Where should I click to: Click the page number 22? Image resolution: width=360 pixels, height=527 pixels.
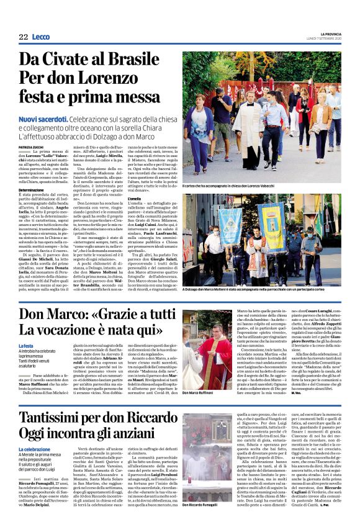pos(23,37)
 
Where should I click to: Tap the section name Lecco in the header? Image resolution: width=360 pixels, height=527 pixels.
pos(41,37)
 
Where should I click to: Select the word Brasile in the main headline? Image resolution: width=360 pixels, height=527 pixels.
pos(134,60)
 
